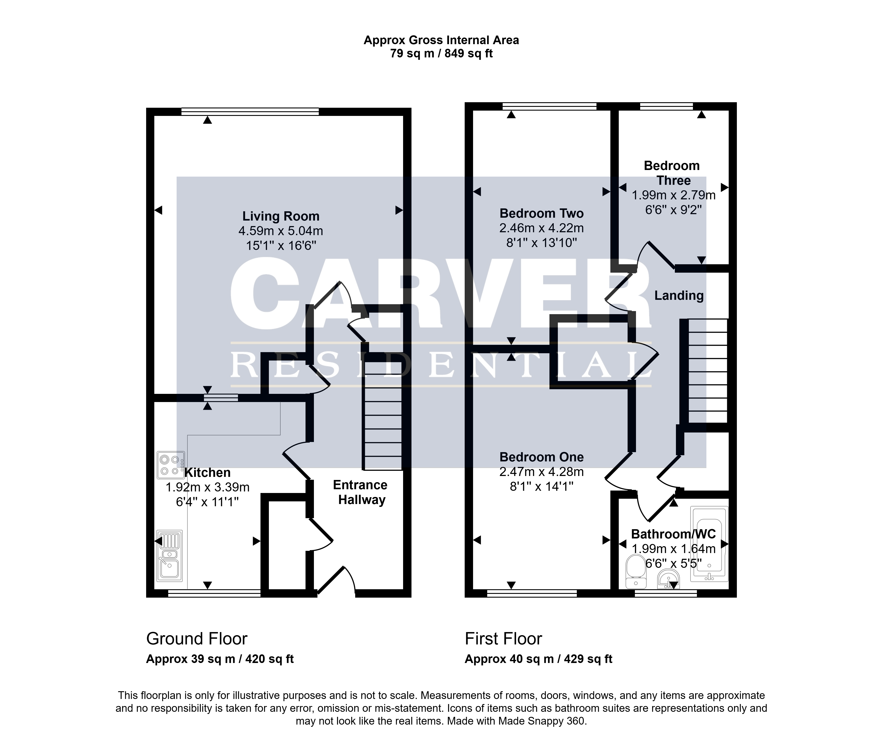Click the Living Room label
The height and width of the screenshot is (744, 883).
pyautogui.click(x=281, y=216)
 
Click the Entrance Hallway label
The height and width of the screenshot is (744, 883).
pyautogui.click(x=360, y=492)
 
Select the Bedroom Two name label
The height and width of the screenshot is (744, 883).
pyautogui.click(x=541, y=213)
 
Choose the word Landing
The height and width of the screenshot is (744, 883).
pyautogui.click(x=679, y=296)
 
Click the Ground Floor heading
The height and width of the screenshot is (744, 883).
pyautogui.click(x=196, y=639)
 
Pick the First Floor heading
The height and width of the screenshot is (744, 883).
pyautogui.click(x=503, y=639)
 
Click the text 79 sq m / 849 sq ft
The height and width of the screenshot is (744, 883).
pyautogui.click(x=441, y=54)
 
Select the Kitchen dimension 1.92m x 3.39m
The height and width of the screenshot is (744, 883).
pyautogui.click(x=208, y=487)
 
